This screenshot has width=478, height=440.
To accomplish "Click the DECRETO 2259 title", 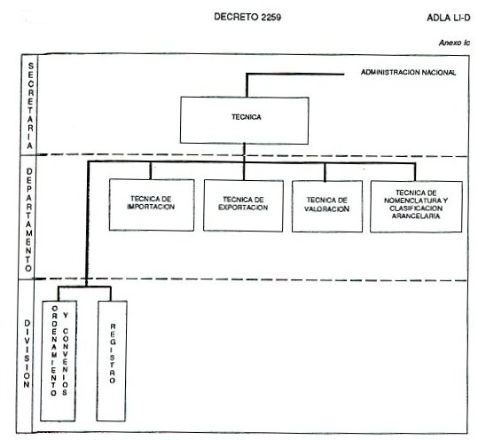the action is [247, 17].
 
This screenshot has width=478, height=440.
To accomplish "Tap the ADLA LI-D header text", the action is [449, 18].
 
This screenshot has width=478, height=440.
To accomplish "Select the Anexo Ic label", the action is [454, 43].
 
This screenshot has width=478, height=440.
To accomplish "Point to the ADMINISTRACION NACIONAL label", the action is [408, 73].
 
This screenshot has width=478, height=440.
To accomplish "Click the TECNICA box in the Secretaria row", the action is [244, 120].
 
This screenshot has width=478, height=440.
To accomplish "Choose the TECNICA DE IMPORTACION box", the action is [152, 205].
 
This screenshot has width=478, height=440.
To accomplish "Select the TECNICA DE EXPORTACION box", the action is [243, 206].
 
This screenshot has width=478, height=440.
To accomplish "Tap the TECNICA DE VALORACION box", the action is [327, 207].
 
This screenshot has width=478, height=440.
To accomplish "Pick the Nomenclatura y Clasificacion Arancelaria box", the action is [416, 207].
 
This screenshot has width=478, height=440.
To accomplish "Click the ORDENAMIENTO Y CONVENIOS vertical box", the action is [59, 361].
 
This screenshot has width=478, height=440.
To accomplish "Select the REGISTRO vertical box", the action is [112, 361].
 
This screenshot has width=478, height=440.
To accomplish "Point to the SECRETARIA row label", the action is [30, 106].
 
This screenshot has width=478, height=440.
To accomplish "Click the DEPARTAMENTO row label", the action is [28, 220].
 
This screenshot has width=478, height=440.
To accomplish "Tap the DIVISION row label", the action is [27, 354].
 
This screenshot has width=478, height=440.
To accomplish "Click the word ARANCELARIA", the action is [416, 216].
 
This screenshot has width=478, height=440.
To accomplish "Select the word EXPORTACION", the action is [243, 208].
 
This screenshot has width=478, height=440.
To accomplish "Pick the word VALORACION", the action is [326, 208].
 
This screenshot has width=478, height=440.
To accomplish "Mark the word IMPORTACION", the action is [151, 207].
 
